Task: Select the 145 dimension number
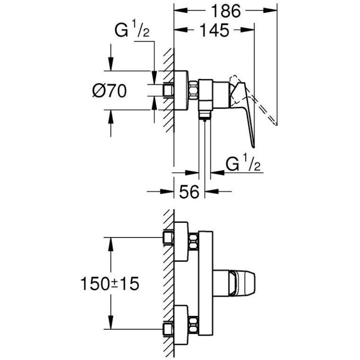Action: pyautogui.click(x=215, y=30)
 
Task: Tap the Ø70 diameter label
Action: pyautogui.click(x=110, y=91)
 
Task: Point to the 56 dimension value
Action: pyautogui.click(x=188, y=192)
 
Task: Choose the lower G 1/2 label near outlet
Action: pyautogui.click(x=244, y=164)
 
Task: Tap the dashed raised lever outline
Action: pyautogui.click(x=257, y=103)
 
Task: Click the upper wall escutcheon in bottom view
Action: pyautogui.click(x=181, y=241)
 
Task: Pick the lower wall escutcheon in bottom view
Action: pyautogui.click(x=181, y=324)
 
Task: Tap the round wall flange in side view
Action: pyautogui.click(x=181, y=91)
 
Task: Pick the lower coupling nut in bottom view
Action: pyautogui.click(x=194, y=324)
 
